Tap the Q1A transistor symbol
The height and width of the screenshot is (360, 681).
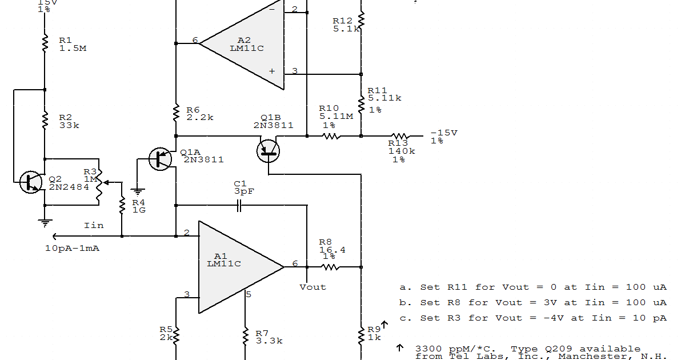click(160, 159)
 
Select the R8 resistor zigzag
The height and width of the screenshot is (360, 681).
click(330, 267)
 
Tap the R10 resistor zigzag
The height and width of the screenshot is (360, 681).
click(331, 136)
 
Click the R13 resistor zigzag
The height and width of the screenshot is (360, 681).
click(399, 136)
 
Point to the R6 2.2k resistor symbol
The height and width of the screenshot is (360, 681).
click(177, 114)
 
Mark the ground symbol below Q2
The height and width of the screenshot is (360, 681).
click(45, 223)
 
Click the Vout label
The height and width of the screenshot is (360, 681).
click(313, 287)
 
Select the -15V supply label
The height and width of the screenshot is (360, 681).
click(444, 133)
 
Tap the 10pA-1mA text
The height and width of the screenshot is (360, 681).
click(72, 249)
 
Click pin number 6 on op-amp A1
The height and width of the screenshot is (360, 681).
click(295, 263)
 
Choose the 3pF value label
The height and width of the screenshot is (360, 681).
click(244, 191)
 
